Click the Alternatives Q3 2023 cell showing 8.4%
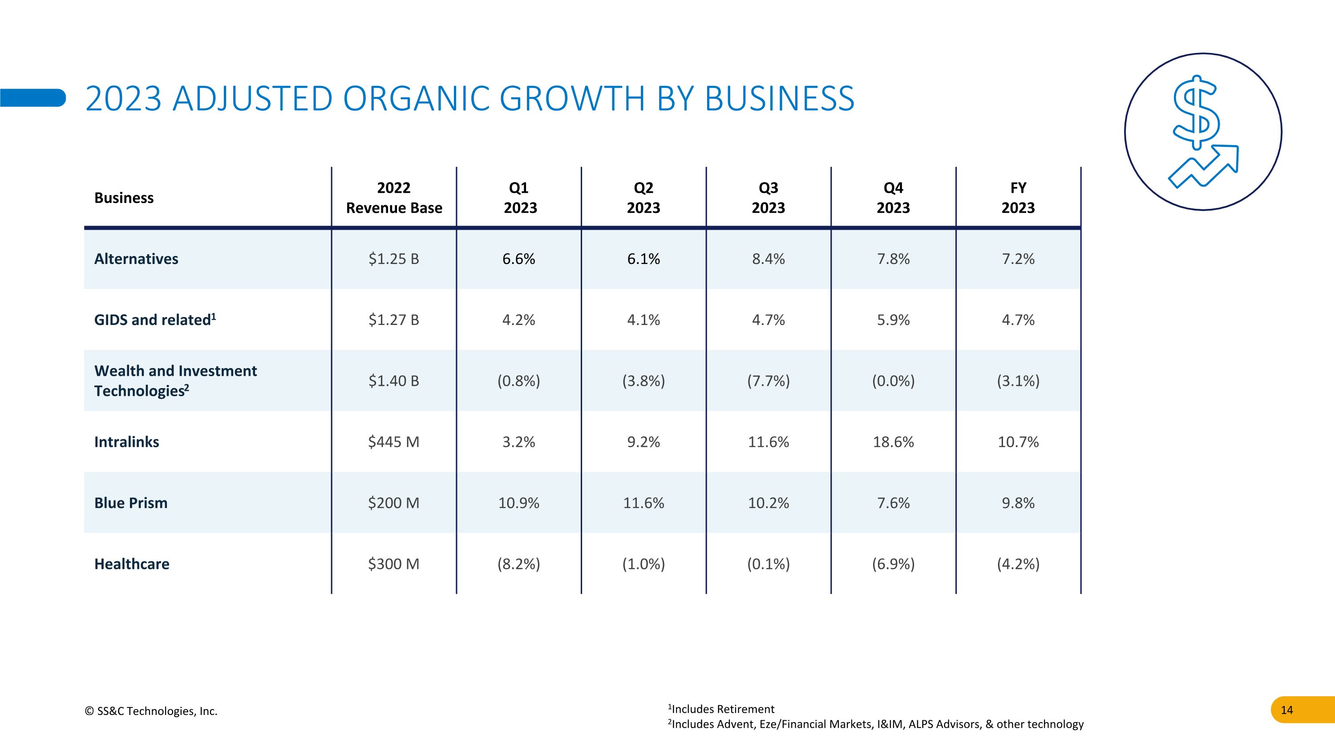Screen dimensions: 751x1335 [x=768, y=259]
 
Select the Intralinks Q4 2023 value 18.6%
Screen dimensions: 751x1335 [x=893, y=442]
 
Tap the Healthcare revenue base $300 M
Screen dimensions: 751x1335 [x=393, y=564]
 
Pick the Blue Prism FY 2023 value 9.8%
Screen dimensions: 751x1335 [x=1018, y=503]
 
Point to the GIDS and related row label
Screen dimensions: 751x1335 [x=154, y=320]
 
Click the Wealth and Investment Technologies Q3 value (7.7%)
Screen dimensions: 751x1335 [x=768, y=381]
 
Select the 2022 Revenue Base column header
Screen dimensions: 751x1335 [x=394, y=198]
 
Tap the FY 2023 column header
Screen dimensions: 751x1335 [x=1018, y=198]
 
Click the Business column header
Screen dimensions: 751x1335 [x=124, y=198]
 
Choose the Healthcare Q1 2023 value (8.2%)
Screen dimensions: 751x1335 [x=518, y=564]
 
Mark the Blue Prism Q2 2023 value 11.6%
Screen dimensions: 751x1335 [x=643, y=503]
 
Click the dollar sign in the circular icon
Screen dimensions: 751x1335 [x=1196, y=111]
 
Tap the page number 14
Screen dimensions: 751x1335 [x=1287, y=710]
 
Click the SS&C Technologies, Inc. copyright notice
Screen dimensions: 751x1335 [x=151, y=711]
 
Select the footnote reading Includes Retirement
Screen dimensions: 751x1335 [x=721, y=709]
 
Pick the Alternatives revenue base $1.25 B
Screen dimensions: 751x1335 [x=393, y=259]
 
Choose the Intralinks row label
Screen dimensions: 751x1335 [x=126, y=442]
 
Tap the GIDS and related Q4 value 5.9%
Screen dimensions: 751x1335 [x=893, y=320]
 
